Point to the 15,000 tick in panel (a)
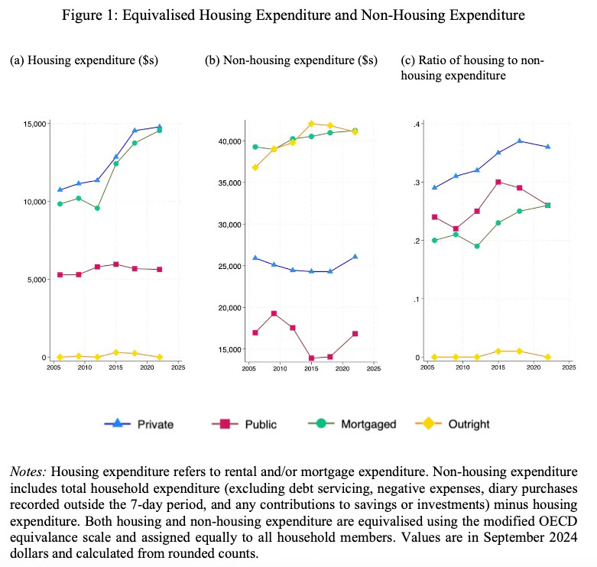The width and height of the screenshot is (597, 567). point(36,123)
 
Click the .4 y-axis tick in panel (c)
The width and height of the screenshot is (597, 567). point(417,124)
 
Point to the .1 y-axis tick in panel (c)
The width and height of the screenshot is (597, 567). point(417,299)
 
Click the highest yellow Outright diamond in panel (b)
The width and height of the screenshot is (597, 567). point(311,123)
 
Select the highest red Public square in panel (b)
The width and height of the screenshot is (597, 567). point(274,313)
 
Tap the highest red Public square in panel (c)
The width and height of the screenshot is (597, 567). point(498,182)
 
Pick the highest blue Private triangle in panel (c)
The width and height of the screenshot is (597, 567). point(520,141)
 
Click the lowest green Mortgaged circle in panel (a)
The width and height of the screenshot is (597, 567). point(97,208)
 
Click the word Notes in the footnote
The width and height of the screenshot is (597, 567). point(28,471)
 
